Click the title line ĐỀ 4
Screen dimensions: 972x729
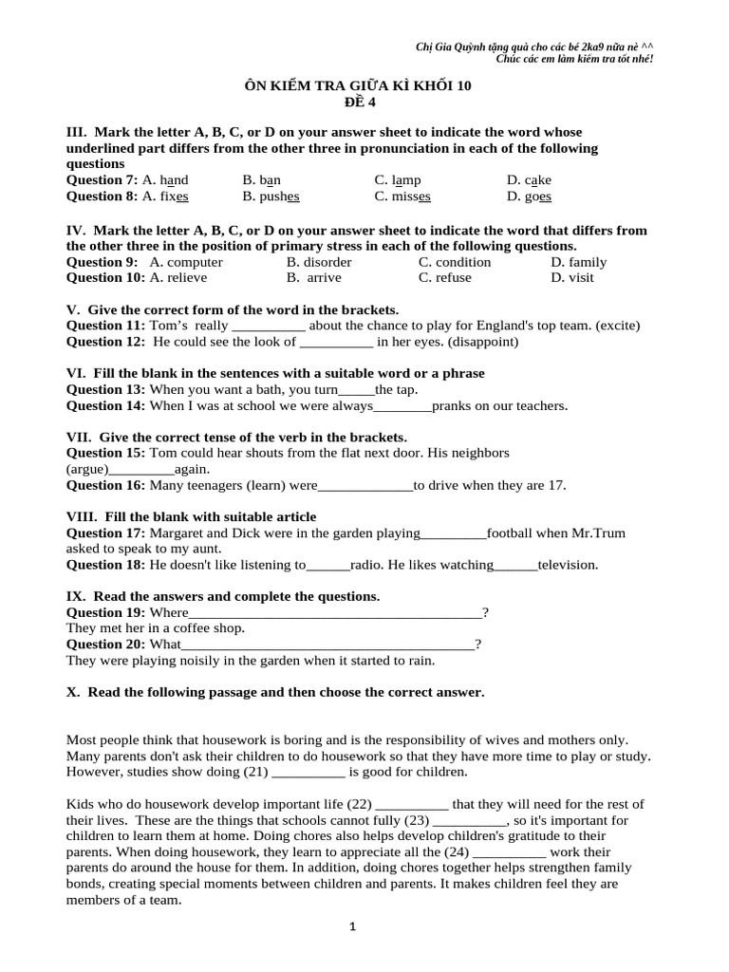[x=358, y=102]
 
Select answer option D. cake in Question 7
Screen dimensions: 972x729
[x=529, y=179]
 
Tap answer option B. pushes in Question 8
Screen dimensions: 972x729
[x=271, y=196]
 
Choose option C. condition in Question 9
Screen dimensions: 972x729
[x=455, y=262]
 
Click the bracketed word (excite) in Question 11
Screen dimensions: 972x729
[x=615, y=326]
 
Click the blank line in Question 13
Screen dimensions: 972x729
[x=357, y=390]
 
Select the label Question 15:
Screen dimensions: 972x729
[x=105, y=454]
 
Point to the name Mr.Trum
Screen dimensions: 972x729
[x=598, y=533]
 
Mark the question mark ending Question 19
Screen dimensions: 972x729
[x=486, y=612]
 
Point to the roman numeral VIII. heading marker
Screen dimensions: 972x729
[x=82, y=516]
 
